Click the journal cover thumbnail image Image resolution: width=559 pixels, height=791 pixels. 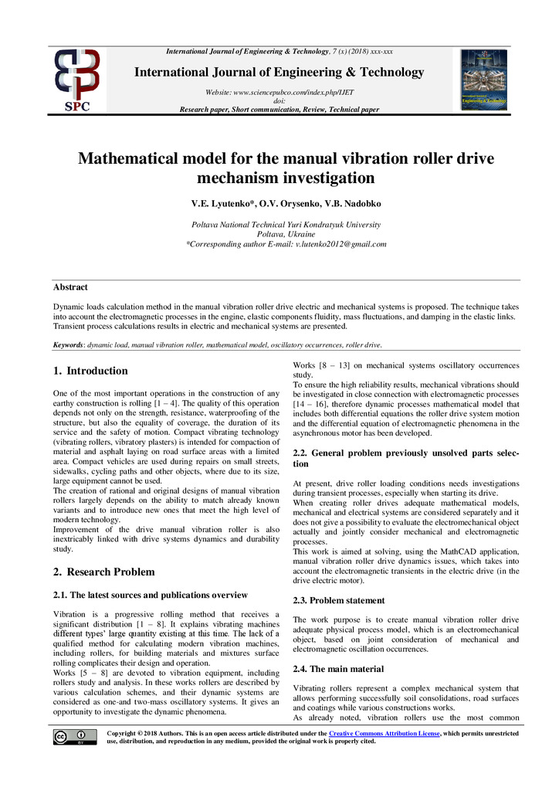pos(483,79)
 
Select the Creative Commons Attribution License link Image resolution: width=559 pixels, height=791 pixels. pos(384,732)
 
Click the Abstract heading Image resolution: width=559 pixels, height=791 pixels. pos(70,287)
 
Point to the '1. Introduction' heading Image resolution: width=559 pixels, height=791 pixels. pos(90,371)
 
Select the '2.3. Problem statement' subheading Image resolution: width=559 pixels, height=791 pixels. pos(339,600)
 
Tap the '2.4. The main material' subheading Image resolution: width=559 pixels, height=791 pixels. pos(338,669)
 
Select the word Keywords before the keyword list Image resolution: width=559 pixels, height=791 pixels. pos(68,345)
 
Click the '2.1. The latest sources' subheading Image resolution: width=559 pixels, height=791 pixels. pos(151,595)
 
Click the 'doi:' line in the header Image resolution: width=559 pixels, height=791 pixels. pos(279,100)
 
